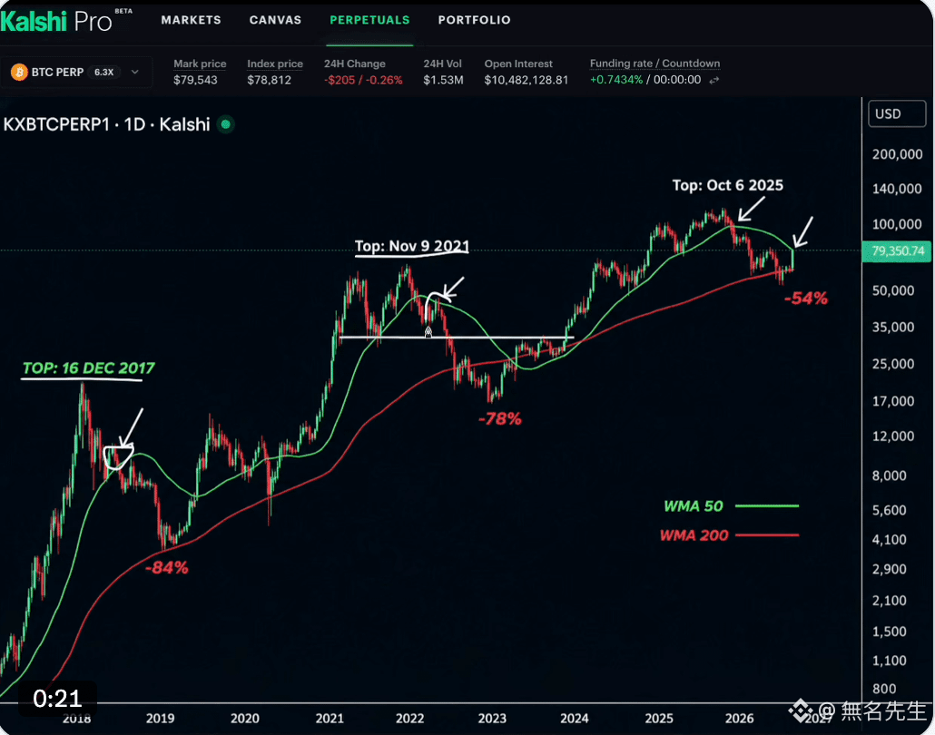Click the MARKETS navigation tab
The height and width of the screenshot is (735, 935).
point(191,20)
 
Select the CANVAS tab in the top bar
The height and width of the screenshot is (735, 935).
point(275,20)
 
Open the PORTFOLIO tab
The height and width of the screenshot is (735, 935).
point(474,20)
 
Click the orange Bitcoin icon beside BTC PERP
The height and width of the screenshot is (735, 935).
point(19,72)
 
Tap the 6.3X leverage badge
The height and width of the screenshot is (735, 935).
point(103,72)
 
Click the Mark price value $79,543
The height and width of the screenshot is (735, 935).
point(195,80)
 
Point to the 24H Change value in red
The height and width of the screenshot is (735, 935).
point(363,80)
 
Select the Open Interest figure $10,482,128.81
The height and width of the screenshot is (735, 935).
point(526,80)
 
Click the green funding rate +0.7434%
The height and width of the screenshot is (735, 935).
point(616,80)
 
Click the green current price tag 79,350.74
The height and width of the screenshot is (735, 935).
point(897,251)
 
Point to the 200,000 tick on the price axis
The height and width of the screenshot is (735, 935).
point(897,154)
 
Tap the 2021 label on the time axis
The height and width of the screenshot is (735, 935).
point(330,719)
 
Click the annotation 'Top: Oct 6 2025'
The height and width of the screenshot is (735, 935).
point(727,185)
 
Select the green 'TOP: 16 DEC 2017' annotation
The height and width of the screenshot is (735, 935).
point(88,368)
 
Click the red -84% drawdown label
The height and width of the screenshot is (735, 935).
point(166,567)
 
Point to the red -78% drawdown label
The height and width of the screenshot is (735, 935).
point(499,419)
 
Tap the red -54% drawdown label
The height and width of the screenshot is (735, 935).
point(805,298)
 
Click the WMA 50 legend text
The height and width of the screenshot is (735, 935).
point(693,506)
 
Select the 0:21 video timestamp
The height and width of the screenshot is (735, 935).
point(57,699)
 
